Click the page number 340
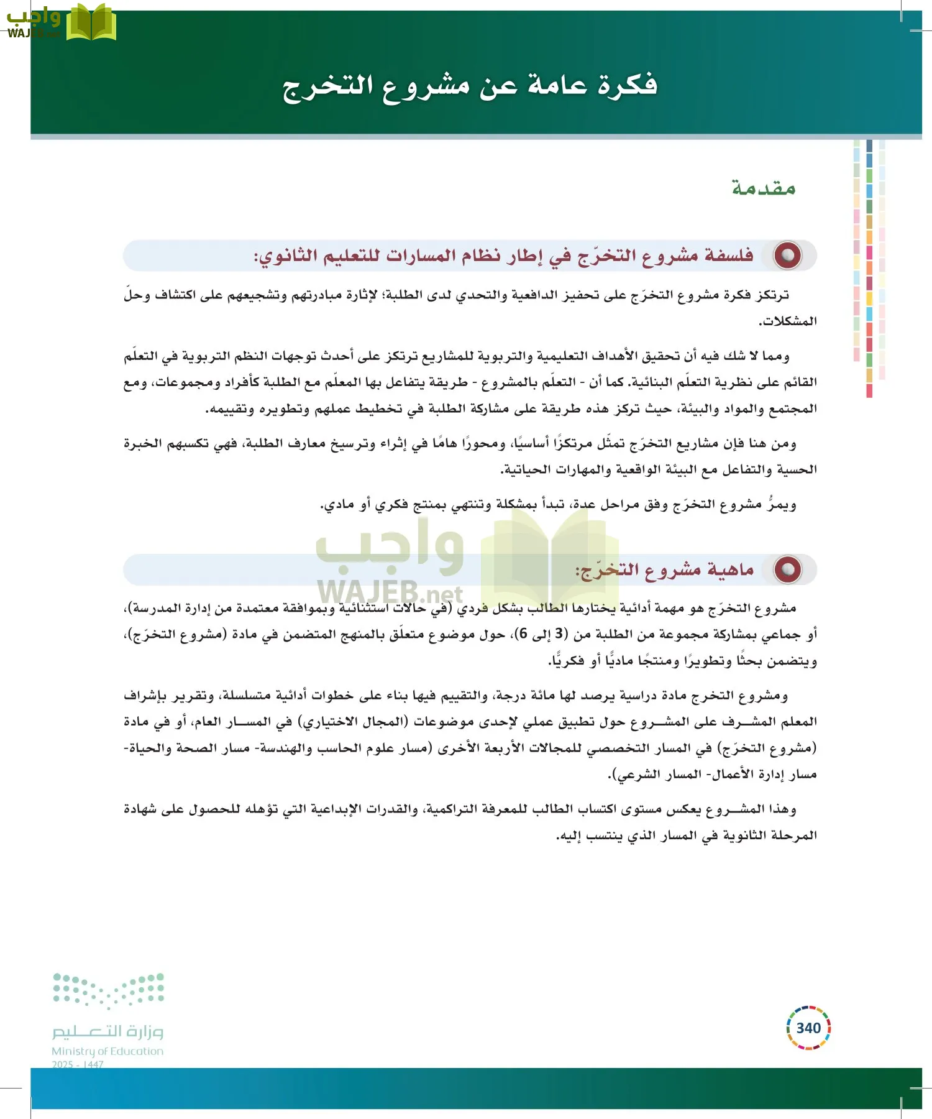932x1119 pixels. click(808, 1028)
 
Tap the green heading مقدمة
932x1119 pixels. click(764, 187)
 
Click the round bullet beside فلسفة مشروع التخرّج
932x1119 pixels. click(787, 256)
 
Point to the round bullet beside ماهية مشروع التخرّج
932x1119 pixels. click(787, 569)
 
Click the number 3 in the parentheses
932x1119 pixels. click(560, 633)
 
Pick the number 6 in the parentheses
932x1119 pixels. click(523, 633)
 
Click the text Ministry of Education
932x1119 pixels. click(107, 1051)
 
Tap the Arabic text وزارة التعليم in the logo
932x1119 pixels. click(107, 1031)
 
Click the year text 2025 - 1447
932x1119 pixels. click(78, 1064)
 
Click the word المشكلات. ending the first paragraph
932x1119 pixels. click(787, 321)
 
